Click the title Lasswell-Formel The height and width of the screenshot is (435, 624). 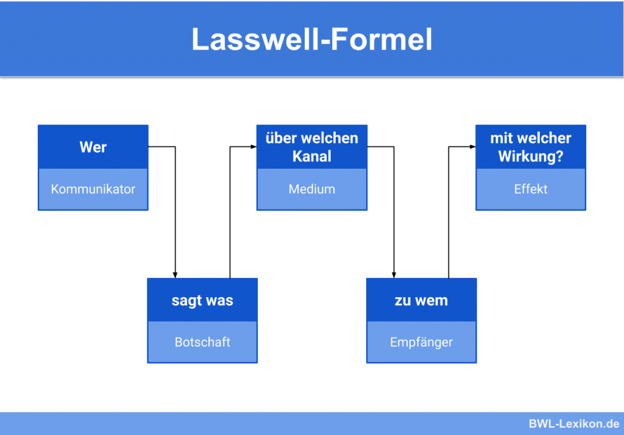click(x=312, y=40)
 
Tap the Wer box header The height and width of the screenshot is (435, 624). click(x=93, y=147)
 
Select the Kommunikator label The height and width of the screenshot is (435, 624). click(x=93, y=189)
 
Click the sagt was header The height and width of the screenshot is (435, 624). click(x=202, y=300)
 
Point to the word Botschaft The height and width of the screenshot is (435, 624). click(x=202, y=342)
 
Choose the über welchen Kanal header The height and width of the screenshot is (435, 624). click(x=311, y=147)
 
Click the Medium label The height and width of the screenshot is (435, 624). click(x=311, y=189)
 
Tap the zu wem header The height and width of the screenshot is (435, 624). click(x=422, y=300)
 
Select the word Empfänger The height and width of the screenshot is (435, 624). click(x=422, y=342)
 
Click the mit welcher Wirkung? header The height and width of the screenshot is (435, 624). click(x=531, y=147)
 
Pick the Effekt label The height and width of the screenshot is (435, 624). click(x=531, y=189)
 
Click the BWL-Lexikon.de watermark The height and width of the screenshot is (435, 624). click(x=574, y=423)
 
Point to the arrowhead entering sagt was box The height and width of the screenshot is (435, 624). click(x=175, y=275)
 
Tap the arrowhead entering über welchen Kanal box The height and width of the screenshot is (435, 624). click(x=253, y=147)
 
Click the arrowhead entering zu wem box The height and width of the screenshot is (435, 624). click(x=394, y=275)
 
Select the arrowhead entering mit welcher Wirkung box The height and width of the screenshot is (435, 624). click(x=472, y=147)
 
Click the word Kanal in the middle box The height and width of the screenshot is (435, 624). click(x=311, y=157)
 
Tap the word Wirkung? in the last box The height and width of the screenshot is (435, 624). click(x=531, y=157)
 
